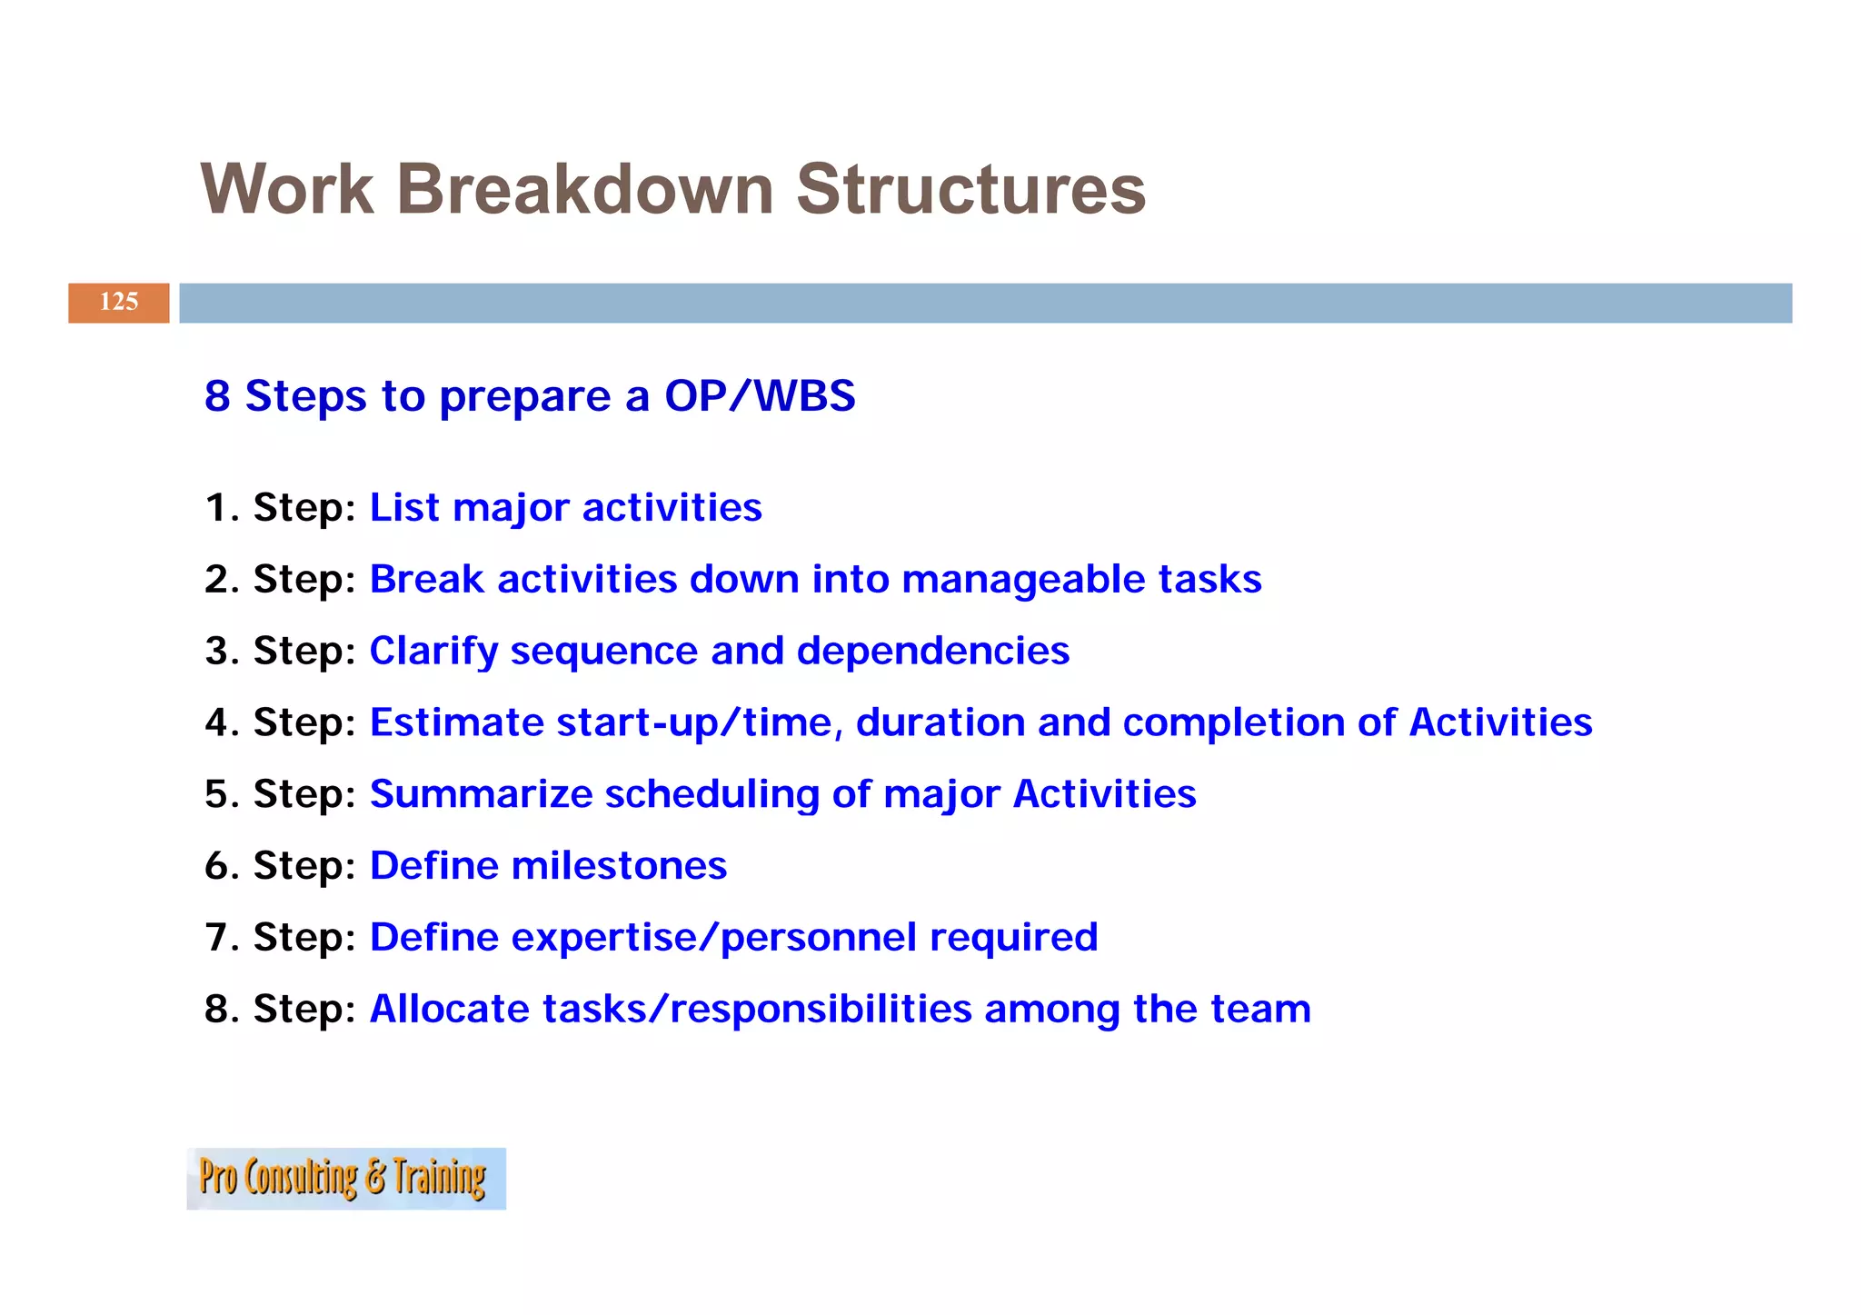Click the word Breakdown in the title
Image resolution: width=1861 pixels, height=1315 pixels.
click(x=584, y=190)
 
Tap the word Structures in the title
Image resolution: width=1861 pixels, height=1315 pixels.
click(x=970, y=190)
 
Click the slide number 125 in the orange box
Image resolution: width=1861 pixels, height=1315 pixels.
click(x=118, y=302)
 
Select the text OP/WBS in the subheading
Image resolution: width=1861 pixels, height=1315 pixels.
click(x=760, y=396)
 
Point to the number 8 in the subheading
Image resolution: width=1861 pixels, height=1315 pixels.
click(x=217, y=396)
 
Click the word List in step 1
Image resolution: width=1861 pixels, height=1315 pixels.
click(x=404, y=507)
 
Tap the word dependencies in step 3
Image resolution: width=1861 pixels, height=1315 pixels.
click(x=932, y=651)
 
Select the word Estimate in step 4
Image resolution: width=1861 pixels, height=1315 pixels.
click(x=456, y=722)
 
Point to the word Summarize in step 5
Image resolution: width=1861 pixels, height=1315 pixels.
click(x=481, y=794)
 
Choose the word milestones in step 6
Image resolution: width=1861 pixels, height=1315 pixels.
click(x=619, y=866)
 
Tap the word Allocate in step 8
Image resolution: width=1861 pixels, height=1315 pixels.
click(x=449, y=1009)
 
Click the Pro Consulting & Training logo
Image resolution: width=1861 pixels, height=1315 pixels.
click(x=345, y=1178)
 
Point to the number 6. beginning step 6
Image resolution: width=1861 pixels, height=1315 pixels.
click(x=222, y=866)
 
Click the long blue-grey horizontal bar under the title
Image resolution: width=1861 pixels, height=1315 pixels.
click(x=985, y=303)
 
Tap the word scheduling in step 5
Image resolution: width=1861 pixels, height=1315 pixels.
click(x=712, y=795)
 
